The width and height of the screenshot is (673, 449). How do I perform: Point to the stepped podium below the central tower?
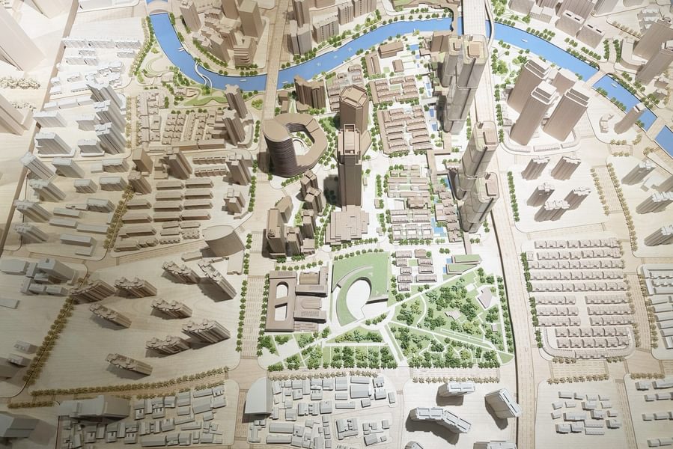coord(347,224)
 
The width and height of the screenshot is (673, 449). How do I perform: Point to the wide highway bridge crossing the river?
coord(475,19)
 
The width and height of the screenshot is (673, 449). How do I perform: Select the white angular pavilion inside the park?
coord(485,297)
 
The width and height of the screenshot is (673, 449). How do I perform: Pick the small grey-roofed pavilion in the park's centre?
coord(452,315)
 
